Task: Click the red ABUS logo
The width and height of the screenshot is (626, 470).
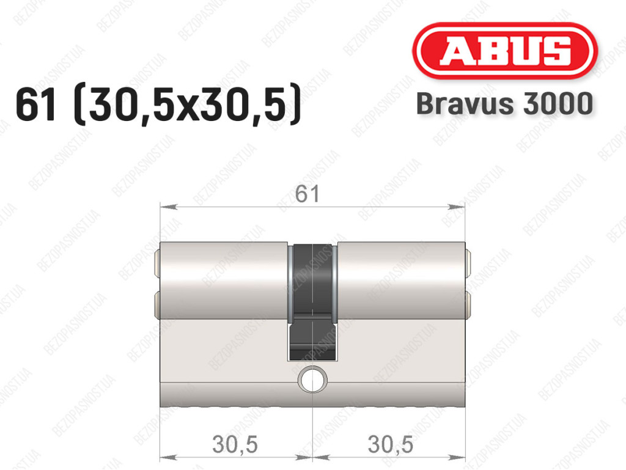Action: coord(504,51)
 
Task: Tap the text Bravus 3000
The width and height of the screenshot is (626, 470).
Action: coord(504,104)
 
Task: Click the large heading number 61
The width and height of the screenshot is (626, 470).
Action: coord(35,105)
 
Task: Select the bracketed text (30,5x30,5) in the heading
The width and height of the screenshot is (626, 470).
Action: coord(188,105)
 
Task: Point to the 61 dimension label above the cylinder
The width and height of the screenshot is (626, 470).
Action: coord(307,194)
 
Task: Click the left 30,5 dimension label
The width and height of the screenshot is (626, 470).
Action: coord(235,444)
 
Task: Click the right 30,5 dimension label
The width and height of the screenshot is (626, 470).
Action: coord(390,444)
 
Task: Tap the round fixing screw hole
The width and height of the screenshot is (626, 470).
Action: coord(312,379)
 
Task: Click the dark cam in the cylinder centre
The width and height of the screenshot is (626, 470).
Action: coord(312,302)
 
